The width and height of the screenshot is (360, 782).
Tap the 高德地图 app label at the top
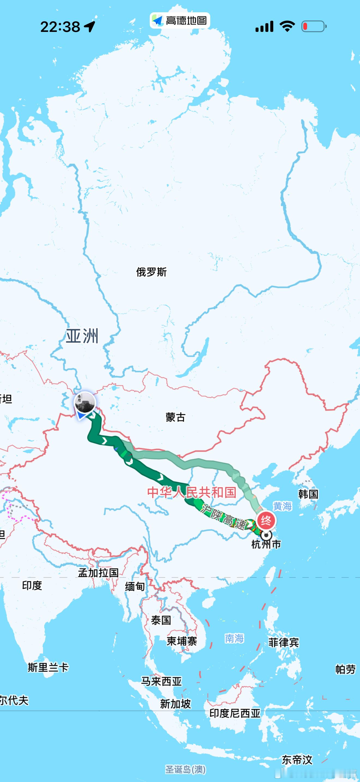coord(180,21)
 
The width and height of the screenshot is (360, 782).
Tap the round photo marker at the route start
coord(85,402)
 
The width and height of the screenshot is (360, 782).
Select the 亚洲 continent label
coord(82,336)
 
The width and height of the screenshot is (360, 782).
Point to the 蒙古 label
coord(175,417)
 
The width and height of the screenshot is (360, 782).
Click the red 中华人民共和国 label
coord(192,492)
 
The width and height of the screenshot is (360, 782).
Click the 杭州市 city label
coord(266,545)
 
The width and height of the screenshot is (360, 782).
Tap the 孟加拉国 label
coord(98,573)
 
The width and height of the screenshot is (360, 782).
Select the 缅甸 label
coord(135,586)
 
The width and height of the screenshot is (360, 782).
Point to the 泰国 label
coord(161,620)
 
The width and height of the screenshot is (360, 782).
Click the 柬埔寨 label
coord(182,641)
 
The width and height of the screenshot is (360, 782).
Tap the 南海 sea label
coord(234,638)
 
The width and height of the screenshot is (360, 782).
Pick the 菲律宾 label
coord(284,642)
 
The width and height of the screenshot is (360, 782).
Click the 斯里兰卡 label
coord(48,667)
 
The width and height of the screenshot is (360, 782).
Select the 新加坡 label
coord(175,703)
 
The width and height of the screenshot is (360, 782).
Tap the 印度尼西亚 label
coord(235,713)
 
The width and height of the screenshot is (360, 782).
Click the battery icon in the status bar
coord(314,26)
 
